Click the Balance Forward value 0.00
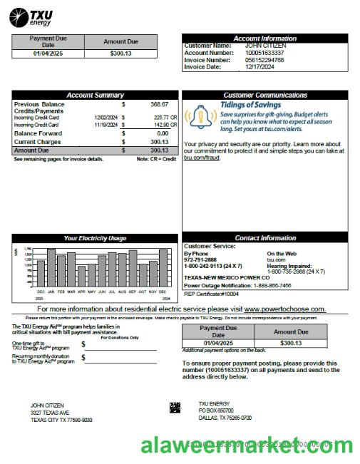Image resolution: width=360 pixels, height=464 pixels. click(162, 133)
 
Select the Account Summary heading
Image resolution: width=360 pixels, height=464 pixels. click(95, 95)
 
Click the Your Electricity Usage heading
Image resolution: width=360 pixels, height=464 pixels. click(95, 238)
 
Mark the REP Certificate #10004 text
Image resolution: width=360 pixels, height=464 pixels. click(212, 293)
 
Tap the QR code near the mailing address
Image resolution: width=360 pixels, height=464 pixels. click(175, 408)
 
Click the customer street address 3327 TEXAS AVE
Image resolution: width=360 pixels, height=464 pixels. click(50, 413)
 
